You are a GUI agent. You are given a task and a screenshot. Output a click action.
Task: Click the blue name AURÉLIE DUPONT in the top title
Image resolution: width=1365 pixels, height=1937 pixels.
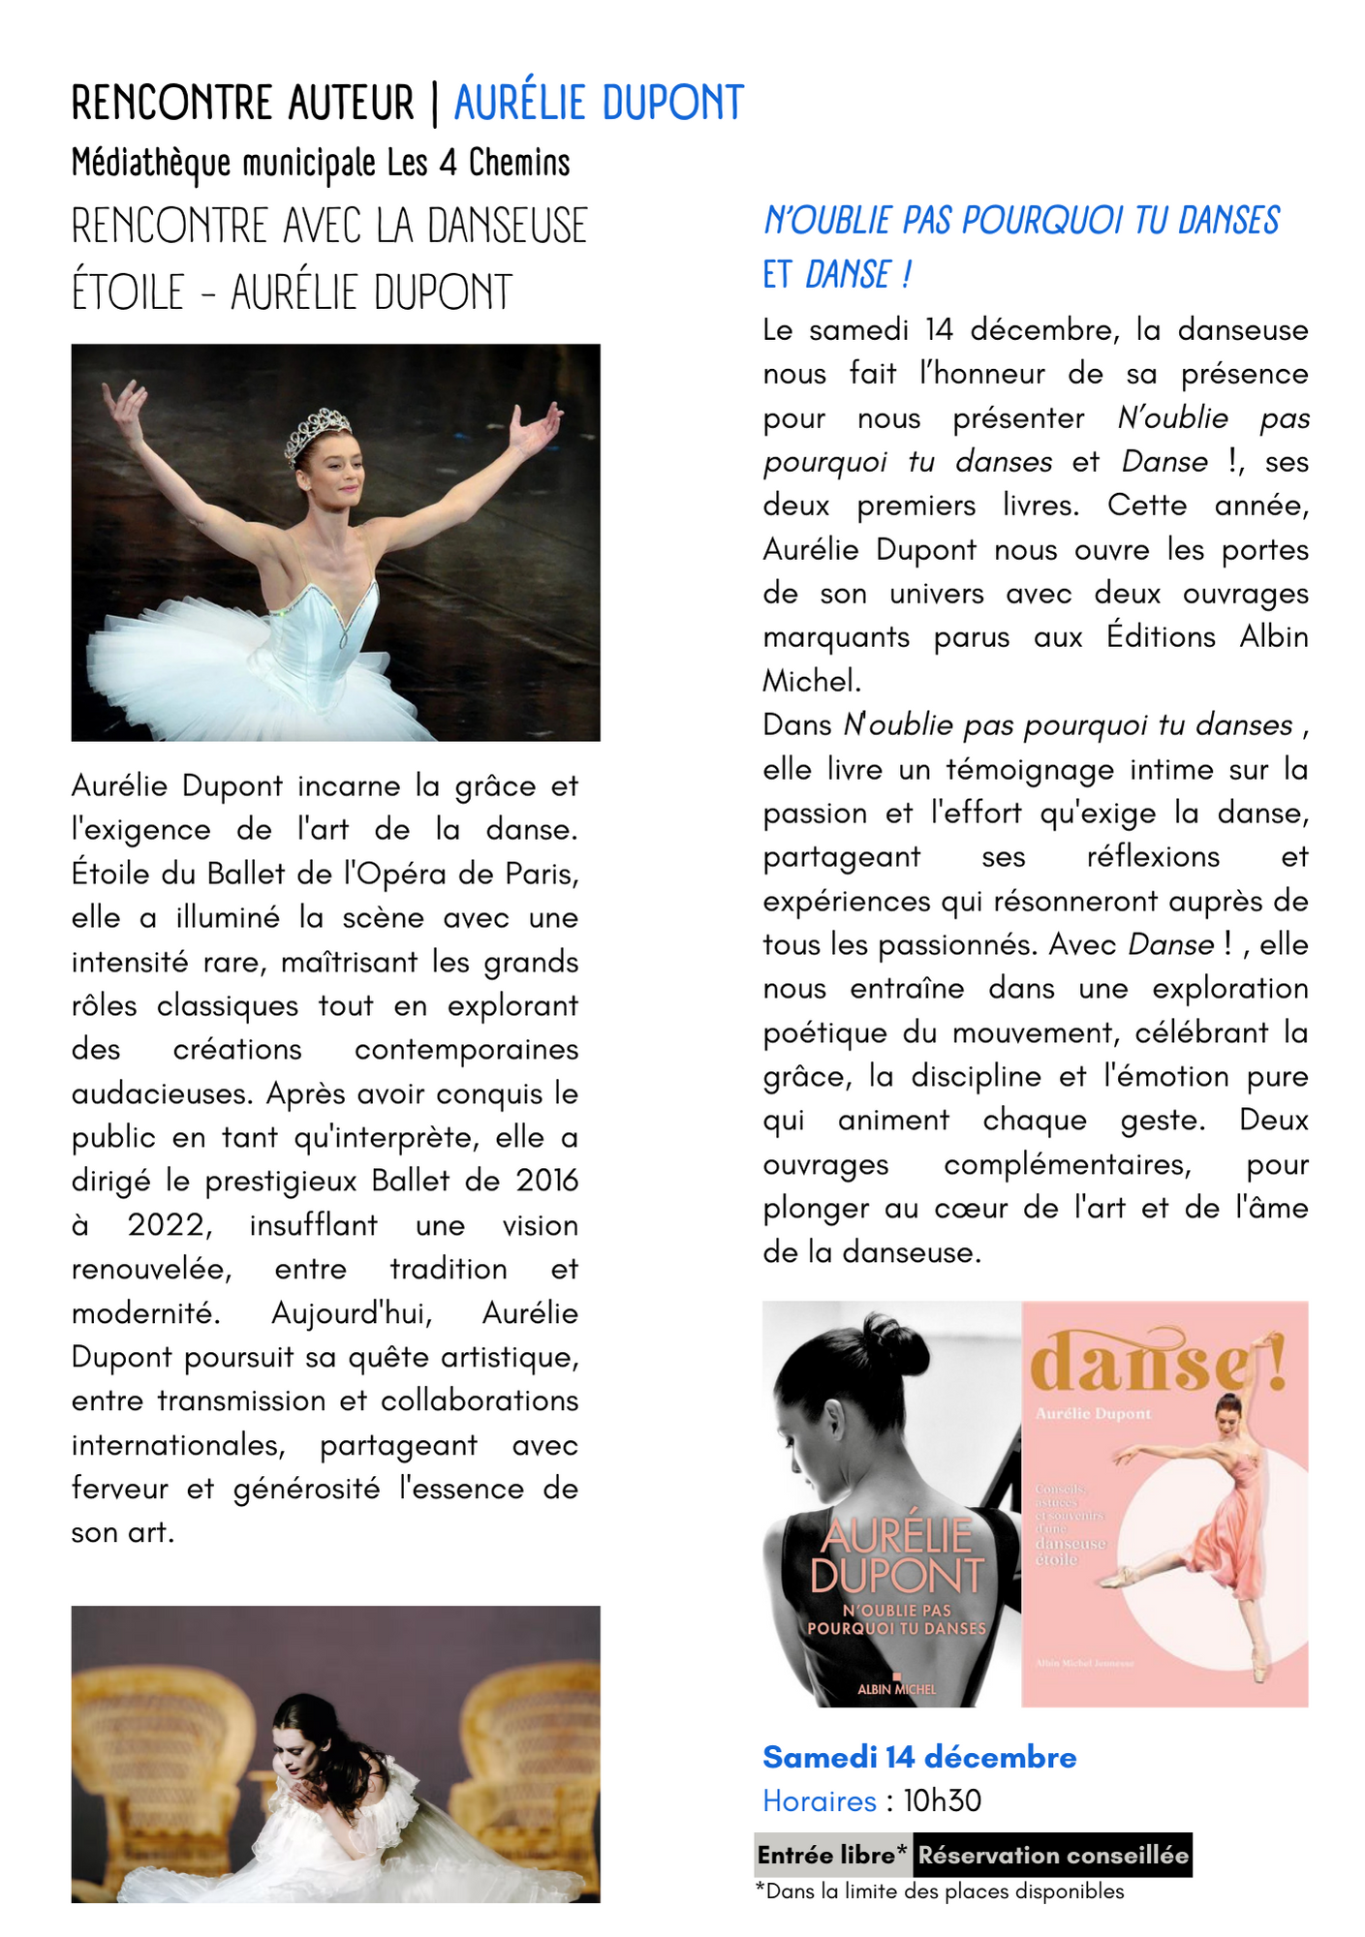pos(599,104)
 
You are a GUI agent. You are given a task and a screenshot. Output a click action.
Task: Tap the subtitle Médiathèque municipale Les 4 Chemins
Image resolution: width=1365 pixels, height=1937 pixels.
pos(321,164)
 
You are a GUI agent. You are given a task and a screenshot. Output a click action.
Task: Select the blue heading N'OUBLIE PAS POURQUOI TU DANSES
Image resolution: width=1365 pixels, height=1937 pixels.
pos(1021,221)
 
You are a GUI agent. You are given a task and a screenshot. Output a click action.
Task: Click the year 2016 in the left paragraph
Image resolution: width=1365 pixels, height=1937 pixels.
pos(546,1181)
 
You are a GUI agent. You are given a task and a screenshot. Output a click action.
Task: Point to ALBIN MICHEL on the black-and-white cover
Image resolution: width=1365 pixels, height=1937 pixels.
pos(897,1689)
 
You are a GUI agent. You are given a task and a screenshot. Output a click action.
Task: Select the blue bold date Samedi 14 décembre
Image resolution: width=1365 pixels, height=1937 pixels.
pos(919,1757)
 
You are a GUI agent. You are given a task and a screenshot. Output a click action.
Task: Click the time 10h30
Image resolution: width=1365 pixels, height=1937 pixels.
pos(943,1801)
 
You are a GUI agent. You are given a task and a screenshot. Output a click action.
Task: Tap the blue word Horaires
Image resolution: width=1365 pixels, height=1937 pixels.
pos(820,1801)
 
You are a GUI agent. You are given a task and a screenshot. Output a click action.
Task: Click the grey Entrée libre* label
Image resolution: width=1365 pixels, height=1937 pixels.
pos(832,1856)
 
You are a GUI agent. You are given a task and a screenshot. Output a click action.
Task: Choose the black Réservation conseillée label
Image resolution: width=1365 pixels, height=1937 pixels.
pos(1053,1856)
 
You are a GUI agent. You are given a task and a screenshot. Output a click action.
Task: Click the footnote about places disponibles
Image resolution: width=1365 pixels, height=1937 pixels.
pos(940,1891)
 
